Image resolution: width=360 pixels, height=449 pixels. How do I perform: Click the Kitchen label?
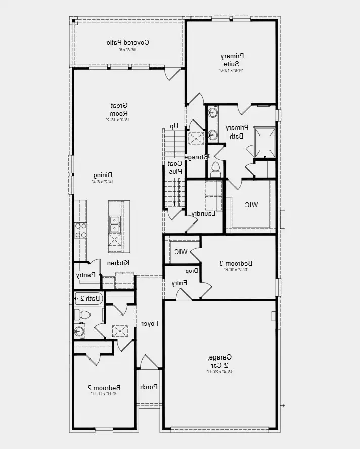[119, 263]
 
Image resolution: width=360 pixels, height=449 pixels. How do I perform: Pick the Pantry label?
[85, 275]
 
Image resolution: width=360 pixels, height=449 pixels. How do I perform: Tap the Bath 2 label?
[89, 298]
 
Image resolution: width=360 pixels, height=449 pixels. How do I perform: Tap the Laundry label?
[204, 213]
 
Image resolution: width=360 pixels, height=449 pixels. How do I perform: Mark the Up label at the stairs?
[174, 126]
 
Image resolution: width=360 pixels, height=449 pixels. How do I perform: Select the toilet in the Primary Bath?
[215, 168]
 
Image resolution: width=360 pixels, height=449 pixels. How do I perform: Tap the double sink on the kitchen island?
[115, 220]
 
